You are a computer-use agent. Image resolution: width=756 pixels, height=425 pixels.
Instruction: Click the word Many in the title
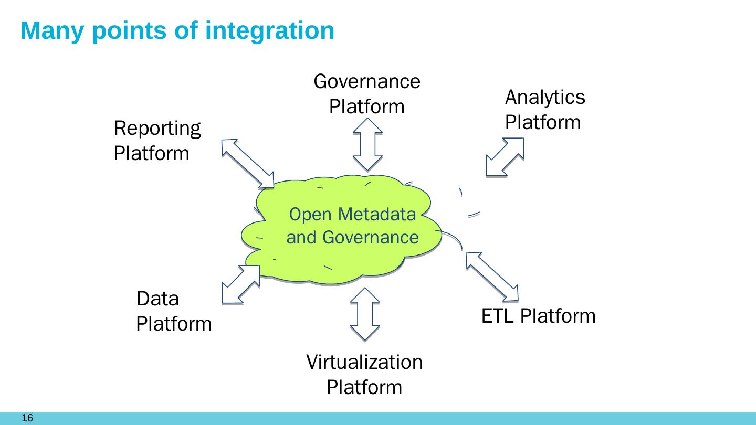coord(52,31)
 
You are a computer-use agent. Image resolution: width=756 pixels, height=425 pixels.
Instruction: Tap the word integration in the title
coord(270,30)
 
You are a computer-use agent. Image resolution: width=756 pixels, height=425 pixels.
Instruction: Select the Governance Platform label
coord(367,94)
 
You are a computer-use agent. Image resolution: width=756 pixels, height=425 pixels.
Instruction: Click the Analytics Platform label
coord(545,110)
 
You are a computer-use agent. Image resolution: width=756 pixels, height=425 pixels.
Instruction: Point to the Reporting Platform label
coord(157,141)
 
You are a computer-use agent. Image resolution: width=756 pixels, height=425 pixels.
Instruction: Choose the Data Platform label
coord(174,311)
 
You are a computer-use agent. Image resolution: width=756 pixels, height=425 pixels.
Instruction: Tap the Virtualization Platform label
coord(364,375)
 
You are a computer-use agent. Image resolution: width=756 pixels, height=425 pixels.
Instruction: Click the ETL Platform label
coord(538,316)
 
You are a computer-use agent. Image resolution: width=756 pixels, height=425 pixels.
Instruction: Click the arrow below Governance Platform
coord(367,144)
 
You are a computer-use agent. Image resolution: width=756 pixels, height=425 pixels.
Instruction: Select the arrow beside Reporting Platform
coord(248,163)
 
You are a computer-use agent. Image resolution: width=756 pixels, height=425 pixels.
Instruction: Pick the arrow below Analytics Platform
coord(505,157)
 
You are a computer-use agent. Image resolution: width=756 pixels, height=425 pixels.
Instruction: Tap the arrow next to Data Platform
coord(241,284)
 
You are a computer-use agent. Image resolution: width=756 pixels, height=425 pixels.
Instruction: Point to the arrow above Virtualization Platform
coord(365,314)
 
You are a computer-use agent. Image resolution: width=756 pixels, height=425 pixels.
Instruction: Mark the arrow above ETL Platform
coord(492,277)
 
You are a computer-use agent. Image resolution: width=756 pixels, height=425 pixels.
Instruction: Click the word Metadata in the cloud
coord(376,214)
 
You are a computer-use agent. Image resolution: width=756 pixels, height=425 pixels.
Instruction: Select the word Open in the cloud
coord(310,215)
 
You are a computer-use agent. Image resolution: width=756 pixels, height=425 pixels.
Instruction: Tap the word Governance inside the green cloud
coord(371,237)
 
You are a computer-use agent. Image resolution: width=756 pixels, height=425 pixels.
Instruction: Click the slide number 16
coord(27,418)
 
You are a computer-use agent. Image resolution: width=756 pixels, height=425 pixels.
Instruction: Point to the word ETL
coord(498,316)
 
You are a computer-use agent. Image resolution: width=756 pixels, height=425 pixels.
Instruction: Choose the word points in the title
coord(129,31)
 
